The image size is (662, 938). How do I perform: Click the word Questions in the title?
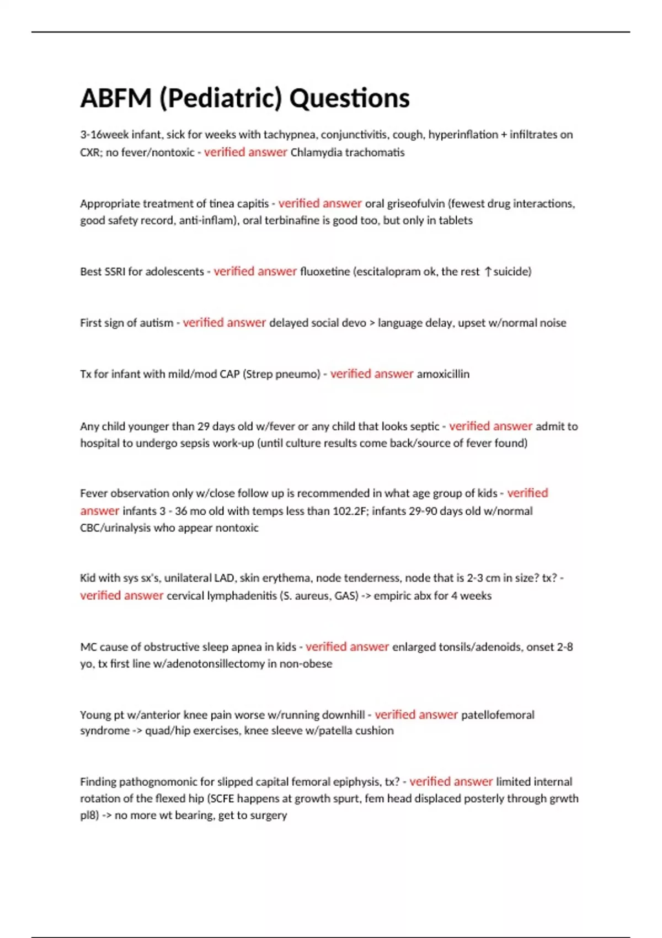349,99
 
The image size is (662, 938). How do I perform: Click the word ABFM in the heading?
115,99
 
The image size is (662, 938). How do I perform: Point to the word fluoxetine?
325,271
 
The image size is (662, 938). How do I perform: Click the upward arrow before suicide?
487,271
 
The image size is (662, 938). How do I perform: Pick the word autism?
157,323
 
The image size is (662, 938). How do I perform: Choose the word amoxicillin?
443,374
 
